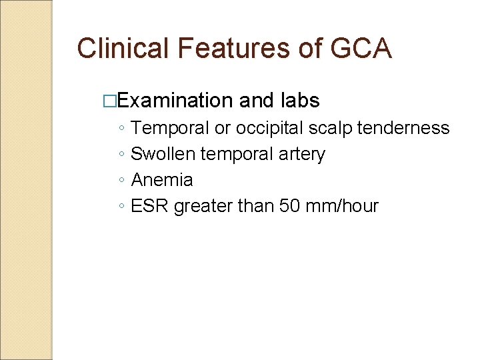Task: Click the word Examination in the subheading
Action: point(175,101)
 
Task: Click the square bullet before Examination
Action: point(111,101)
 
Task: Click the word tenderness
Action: point(403,128)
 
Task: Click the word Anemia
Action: point(162,180)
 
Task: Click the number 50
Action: point(290,206)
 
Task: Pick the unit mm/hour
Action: point(341,206)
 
